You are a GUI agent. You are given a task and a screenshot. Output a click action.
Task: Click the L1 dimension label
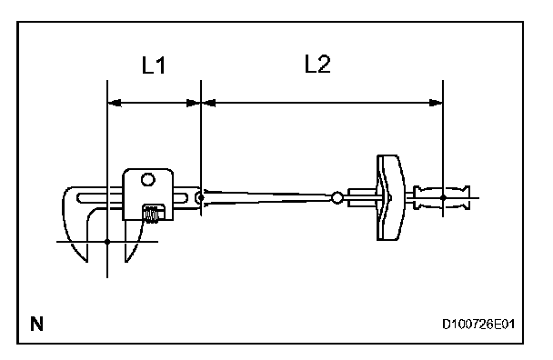(154, 65)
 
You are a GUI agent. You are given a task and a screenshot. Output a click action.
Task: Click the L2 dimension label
(317, 64)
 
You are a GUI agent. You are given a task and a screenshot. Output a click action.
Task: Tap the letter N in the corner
(36, 324)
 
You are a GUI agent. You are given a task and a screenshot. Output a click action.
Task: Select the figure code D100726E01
(478, 324)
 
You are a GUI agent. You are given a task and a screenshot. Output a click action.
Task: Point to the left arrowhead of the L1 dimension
(114, 103)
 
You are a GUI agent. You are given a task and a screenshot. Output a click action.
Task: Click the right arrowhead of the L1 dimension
(194, 103)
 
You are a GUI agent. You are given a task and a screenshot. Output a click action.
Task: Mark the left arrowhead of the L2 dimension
(208, 103)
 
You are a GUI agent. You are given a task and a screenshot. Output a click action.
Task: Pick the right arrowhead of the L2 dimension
(436, 103)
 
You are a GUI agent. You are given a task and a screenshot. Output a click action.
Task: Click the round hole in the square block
(147, 180)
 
